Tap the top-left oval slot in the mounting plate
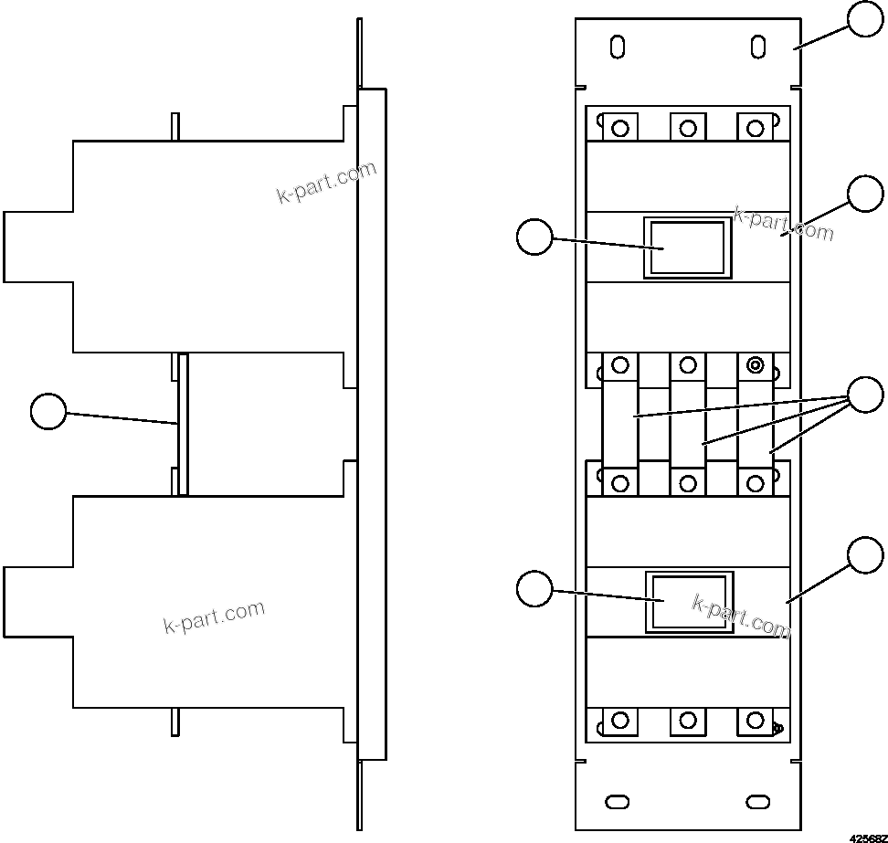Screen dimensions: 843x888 point(618,47)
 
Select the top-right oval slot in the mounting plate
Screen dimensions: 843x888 point(757,46)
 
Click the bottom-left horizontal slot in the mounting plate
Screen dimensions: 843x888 point(618,801)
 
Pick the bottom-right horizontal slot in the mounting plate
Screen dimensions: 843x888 point(757,801)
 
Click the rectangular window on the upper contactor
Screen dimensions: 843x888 point(687,248)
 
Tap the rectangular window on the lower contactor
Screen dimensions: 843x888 point(689,601)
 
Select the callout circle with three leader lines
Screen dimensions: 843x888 point(865,395)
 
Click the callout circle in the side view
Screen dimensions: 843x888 point(48,411)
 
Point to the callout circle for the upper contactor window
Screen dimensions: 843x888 point(534,238)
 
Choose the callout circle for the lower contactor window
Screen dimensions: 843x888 point(534,588)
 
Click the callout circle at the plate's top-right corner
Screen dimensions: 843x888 point(865,19)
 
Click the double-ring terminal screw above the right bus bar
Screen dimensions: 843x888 point(755,366)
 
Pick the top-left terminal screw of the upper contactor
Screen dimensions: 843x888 point(620,128)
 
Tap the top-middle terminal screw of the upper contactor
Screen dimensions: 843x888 point(688,128)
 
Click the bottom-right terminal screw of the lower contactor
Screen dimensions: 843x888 point(755,721)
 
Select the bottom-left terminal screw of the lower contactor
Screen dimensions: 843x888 point(620,721)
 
